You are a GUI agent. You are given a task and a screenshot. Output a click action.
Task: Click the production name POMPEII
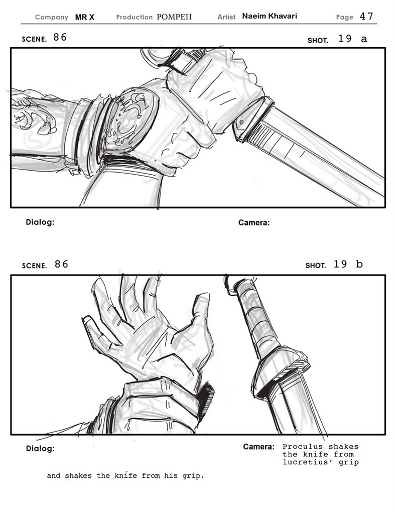tap(174, 17)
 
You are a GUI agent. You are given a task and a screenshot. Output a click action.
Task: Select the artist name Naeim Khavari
tap(270, 16)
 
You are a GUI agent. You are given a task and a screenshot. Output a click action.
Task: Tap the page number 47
tap(366, 17)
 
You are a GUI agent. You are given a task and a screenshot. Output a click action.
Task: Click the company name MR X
tap(84, 17)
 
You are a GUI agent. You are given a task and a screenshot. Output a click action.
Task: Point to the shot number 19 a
tap(352, 39)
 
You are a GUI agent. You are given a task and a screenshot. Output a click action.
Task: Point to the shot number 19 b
tap(348, 264)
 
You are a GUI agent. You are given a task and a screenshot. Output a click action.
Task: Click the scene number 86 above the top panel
tap(60, 37)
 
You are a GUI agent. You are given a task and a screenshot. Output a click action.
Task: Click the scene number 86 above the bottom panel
tap(61, 264)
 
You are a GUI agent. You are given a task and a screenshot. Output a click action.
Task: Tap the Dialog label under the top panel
tap(40, 222)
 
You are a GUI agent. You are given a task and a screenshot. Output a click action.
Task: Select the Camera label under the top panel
tap(254, 223)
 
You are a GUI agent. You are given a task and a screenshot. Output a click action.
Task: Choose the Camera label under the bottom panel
tap(258, 447)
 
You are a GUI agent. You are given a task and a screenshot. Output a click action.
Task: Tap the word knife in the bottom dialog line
tap(125, 475)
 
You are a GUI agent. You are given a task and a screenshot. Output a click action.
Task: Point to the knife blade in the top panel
tap(313, 157)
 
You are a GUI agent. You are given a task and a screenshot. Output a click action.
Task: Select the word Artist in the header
tap(226, 17)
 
